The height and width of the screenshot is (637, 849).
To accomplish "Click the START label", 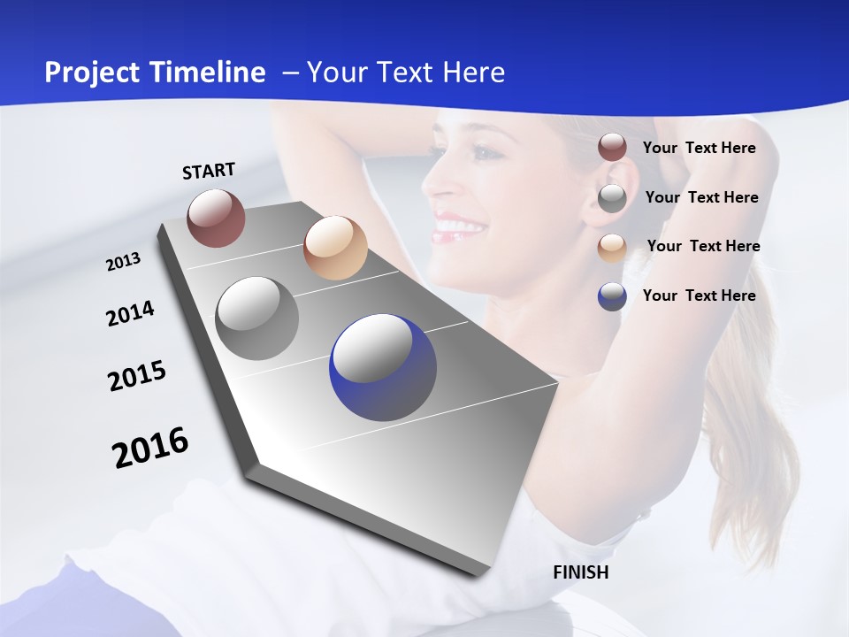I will coord(209,171).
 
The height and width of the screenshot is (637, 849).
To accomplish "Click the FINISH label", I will coord(580,572).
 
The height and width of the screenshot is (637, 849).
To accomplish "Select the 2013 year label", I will coord(123,261).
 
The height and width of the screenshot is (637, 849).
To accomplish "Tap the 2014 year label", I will coord(130,313).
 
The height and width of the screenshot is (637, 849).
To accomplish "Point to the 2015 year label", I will coord(137,376).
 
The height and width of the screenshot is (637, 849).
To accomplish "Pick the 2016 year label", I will coord(150,447).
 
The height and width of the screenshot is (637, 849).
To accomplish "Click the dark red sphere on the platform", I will coord(216,218).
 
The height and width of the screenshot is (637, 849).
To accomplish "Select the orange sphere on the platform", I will coord(335,248).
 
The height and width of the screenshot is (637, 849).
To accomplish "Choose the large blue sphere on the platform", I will coord(383,367).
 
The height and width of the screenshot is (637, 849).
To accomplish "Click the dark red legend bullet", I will coord(612,148).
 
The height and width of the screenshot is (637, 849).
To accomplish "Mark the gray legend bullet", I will coord(612,197).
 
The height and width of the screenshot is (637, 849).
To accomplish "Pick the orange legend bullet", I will coord(612,247).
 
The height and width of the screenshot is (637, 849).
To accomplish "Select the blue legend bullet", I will coord(612,295).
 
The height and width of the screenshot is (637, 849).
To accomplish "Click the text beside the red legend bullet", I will coord(699,148).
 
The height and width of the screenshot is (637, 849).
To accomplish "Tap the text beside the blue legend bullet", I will coord(699,295).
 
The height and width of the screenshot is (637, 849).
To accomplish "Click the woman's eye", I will coord(482,152).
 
